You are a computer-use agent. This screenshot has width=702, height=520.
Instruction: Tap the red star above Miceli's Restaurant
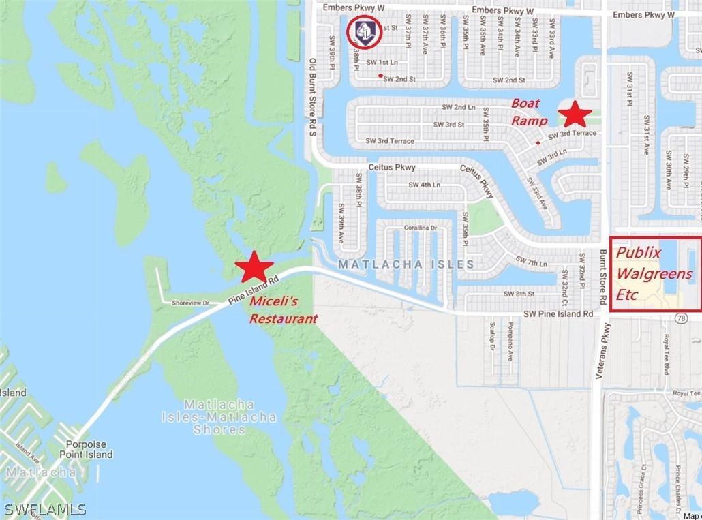point(254,266)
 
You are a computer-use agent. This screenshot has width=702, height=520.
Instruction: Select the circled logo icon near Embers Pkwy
point(363,31)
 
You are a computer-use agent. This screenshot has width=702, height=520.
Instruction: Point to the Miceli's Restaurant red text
point(283,309)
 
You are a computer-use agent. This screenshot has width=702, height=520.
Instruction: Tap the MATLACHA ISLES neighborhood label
point(405,264)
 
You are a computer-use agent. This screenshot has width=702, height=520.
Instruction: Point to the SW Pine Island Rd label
point(558,314)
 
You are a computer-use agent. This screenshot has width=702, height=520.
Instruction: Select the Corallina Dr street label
point(421,228)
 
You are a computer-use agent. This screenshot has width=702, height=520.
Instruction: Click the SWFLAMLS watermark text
point(45,509)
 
